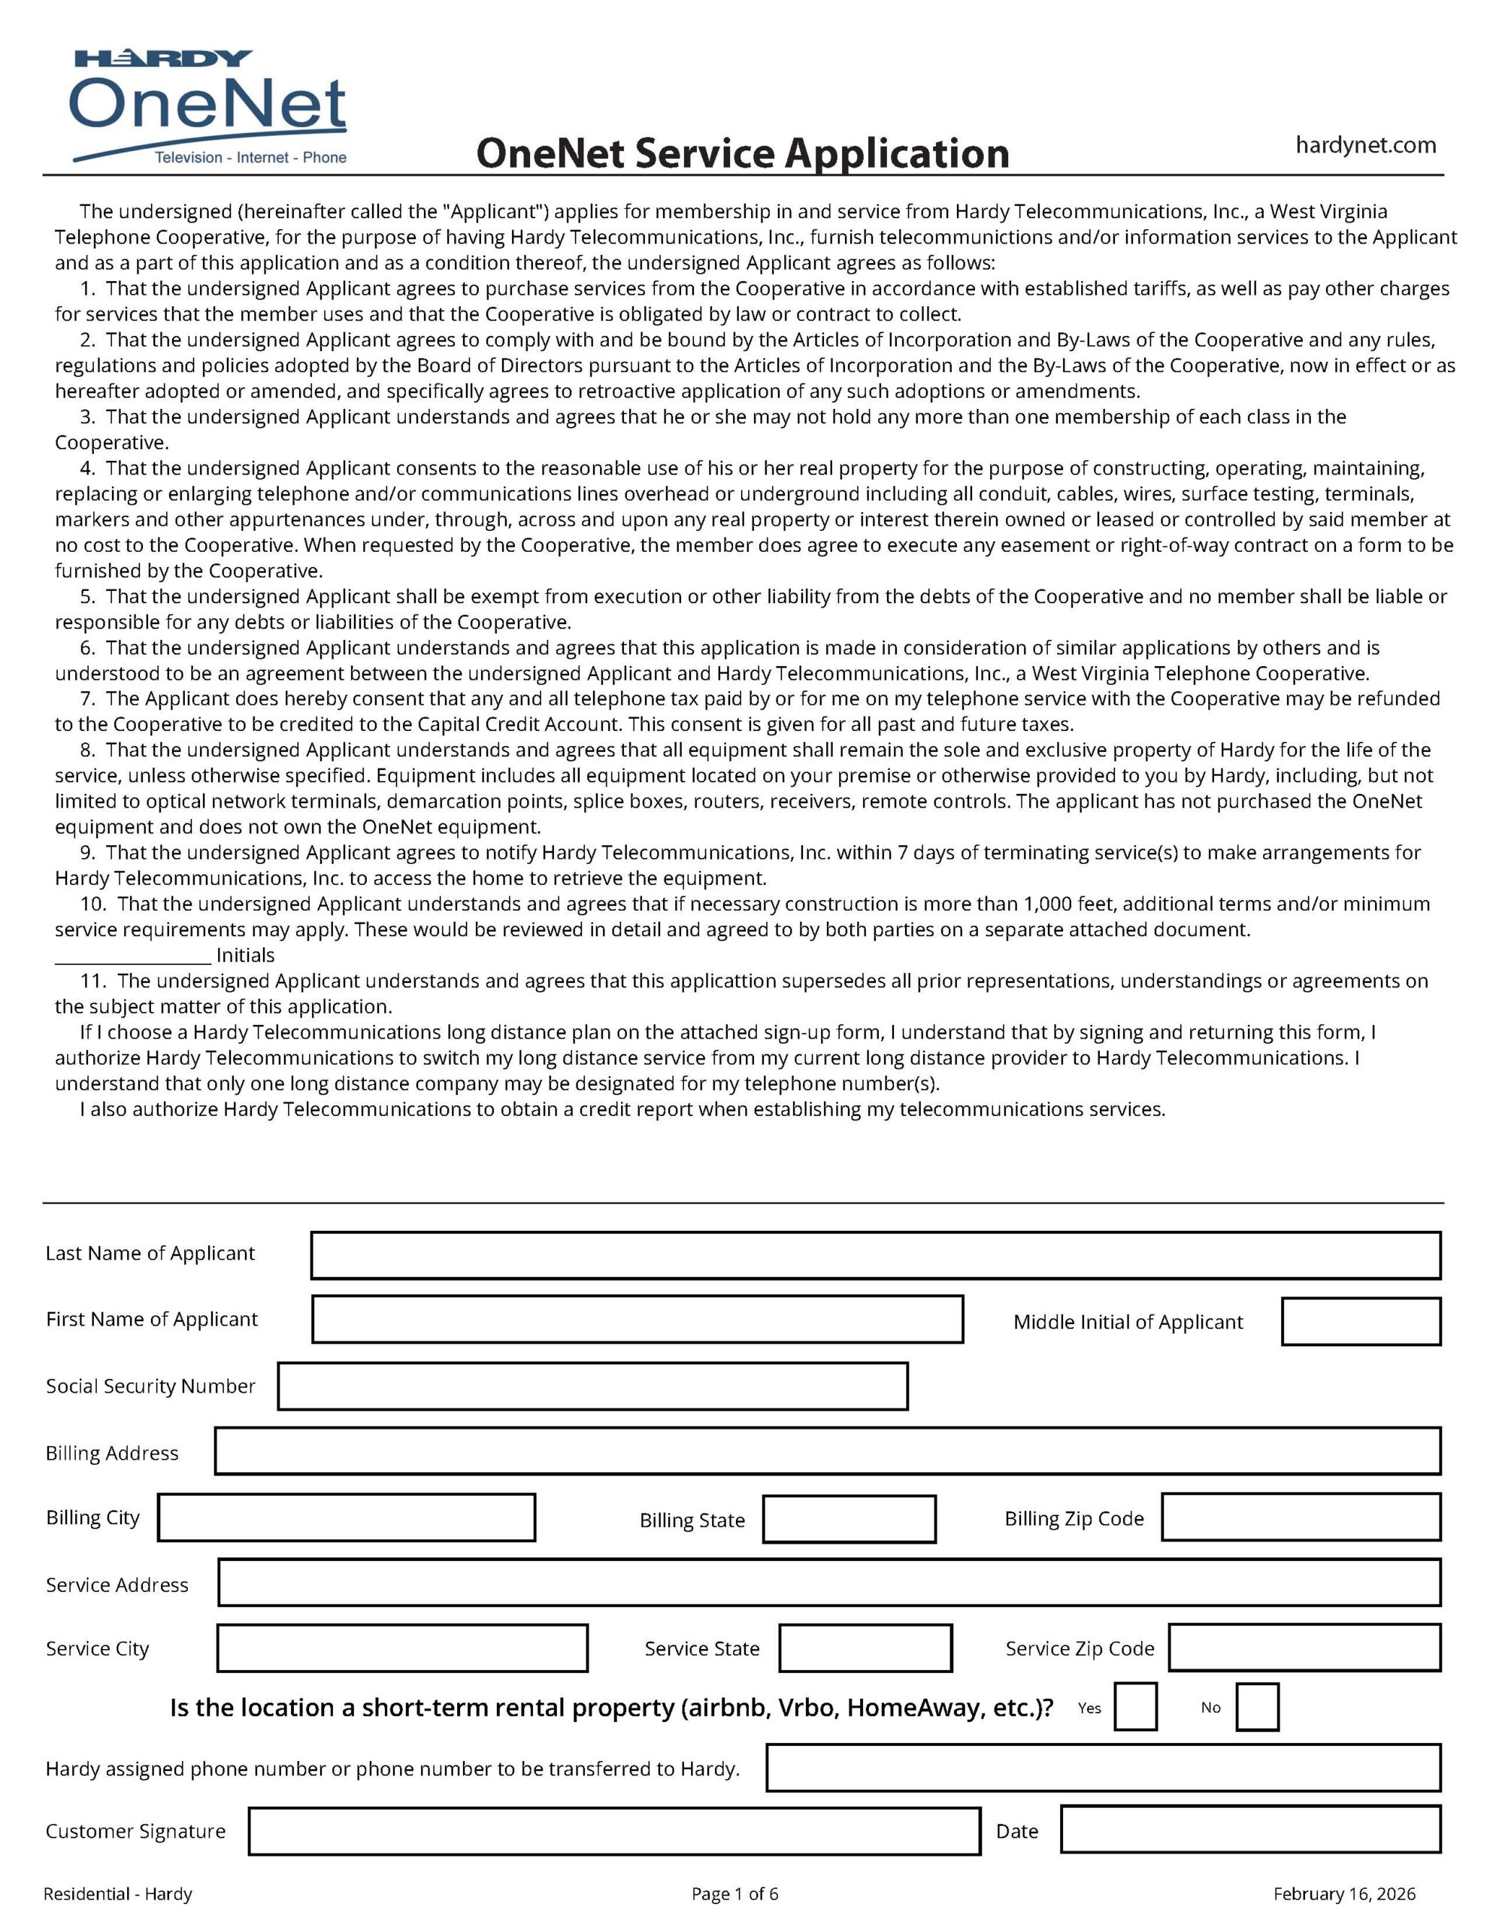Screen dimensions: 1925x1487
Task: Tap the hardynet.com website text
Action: pyautogui.click(x=1365, y=145)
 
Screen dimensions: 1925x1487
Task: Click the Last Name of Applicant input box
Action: pyautogui.click(x=875, y=1255)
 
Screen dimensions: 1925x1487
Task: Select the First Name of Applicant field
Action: pyautogui.click(x=638, y=1320)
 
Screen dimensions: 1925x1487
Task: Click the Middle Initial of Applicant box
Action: pyautogui.click(x=1360, y=1322)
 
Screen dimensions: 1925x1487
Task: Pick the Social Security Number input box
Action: pyautogui.click(x=592, y=1387)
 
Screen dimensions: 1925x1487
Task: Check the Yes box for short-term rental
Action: pyautogui.click(x=1135, y=1707)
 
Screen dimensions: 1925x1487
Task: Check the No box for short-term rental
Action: pyautogui.click(x=1257, y=1707)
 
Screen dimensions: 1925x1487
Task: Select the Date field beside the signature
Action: pyautogui.click(x=1251, y=1830)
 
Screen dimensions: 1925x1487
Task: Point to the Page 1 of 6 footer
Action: pyautogui.click(x=735, y=1894)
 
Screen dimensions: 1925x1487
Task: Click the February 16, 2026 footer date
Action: pyautogui.click(x=1344, y=1894)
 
